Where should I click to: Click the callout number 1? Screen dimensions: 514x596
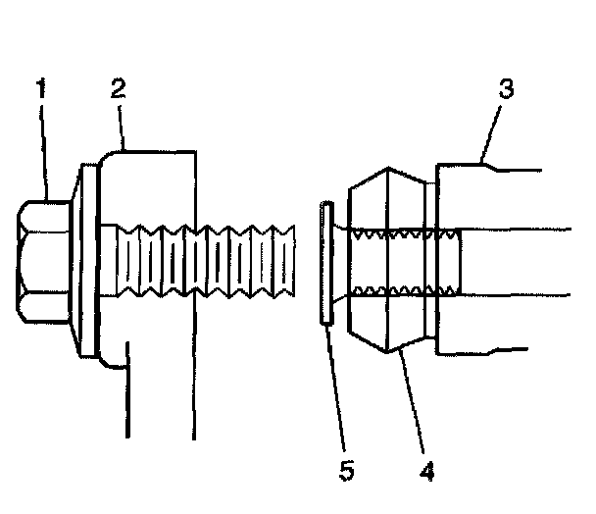tap(42, 89)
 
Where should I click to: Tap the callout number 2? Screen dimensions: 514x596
tap(118, 89)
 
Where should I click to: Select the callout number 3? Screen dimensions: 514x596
tap(506, 89)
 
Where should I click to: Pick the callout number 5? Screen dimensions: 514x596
tap(346, 470)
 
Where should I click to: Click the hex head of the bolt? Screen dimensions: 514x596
tap(43, 260)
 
